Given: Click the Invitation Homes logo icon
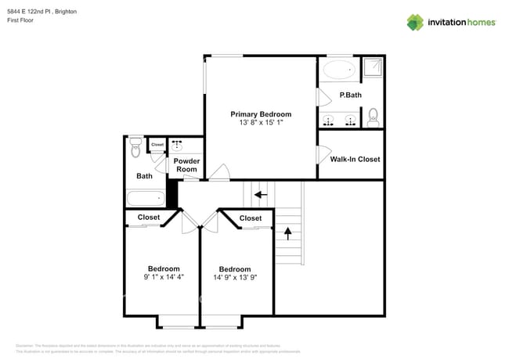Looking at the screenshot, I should pyautogui.click(x=415, y=22).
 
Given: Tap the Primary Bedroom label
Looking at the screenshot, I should pyautogui.click(x=261, y=113).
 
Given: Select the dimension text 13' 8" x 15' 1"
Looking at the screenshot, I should pyautogui.click(x=261, y=123).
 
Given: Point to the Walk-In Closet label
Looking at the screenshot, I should pyautogui.click(x=355, y=159).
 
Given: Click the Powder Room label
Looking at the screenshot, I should pyautogui.click(x=186, y=165).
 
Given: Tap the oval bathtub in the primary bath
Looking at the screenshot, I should pyautogui.click(x=339, y=70).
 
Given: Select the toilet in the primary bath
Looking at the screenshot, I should pyautogui.click(x=373, y=117).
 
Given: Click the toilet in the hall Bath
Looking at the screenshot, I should pyautogui.click(x=135, y=146).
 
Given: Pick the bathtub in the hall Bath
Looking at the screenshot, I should pyautogui.click(x=146, y=199).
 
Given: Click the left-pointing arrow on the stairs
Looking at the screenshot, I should pyautogui.click(x=260, y=194).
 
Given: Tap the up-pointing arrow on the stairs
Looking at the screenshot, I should pyautogui.click(x=287, y=232).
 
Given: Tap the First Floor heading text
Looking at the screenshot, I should pyautogui.click(x=21, y=22).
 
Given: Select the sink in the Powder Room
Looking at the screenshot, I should pyautogui.click(x=177, y=146).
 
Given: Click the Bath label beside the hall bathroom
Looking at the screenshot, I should pyautogui.click(x=145, y=176).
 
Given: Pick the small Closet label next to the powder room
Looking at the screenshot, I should pyautogui.click(x=157, y=145).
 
